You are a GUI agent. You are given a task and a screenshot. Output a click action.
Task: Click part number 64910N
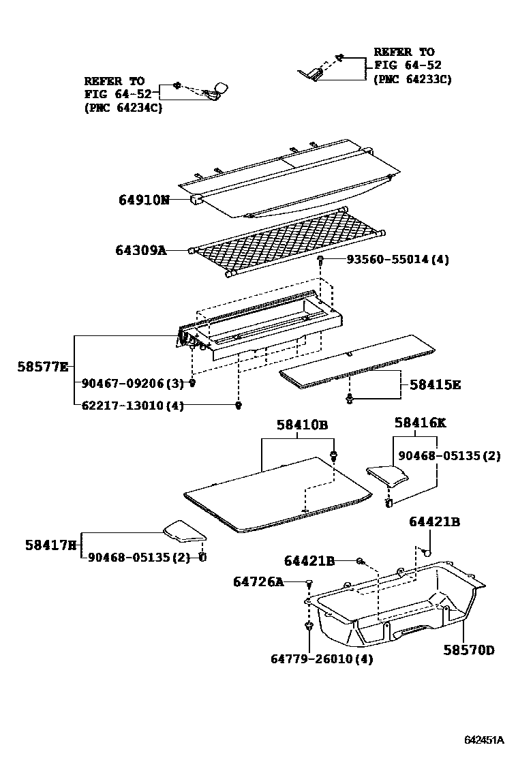pos(143,200)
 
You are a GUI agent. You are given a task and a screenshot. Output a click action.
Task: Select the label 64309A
pos(140,250)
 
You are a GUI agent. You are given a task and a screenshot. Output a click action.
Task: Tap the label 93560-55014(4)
pos(397,260)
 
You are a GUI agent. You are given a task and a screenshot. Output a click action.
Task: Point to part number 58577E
pos(42,367)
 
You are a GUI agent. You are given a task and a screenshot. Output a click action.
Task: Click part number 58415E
pos(435,385)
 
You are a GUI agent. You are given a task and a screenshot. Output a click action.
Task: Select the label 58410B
pos(302,425)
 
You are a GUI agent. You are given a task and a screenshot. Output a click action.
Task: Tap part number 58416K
pos(420,423)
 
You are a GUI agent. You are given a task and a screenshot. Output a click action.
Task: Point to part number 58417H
pos(51,545)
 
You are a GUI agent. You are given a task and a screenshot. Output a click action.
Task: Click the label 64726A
pos(258,581)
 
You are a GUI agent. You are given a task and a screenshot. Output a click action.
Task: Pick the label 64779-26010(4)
pos(322,658)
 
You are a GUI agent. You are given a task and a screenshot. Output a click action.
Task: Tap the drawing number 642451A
pos(484,740)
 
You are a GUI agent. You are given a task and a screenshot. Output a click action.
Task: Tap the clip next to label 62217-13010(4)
pos(239,406)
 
